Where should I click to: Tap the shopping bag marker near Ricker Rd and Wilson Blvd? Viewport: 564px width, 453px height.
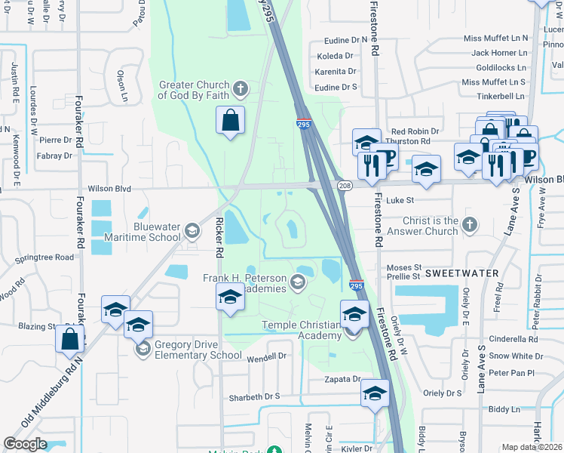tap(230, 122)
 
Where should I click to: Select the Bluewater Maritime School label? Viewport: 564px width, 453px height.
tap(159, 231)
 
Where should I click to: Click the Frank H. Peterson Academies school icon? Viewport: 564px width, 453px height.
tap(298, 283)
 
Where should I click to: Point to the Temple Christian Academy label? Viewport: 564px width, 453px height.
tap(302, 330)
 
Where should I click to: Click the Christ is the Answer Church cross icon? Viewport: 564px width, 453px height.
tap(469, 223)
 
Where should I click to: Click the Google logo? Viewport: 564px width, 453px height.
tap(26, 444)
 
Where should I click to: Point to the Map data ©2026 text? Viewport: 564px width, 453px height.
tap(532, 447)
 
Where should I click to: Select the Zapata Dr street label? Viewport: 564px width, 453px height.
tap(339, 380)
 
